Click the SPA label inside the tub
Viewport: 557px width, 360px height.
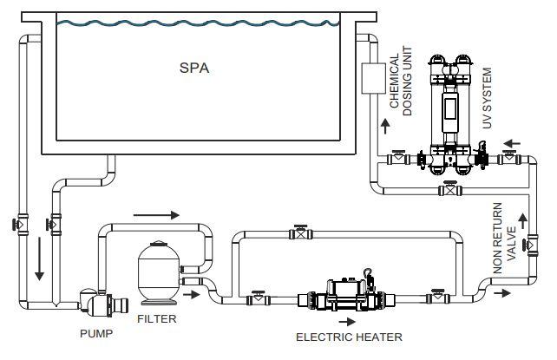194,68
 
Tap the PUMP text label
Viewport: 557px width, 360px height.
96,333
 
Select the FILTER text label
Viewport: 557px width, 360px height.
157,319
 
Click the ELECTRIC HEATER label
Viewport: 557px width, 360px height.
349,337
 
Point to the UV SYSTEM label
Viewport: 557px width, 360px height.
487,98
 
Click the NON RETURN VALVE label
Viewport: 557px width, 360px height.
504,238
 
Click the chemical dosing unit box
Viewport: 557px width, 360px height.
373,78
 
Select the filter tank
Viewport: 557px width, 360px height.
159,272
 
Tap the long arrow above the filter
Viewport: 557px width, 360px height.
156,215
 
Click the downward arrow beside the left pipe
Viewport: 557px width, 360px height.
39,259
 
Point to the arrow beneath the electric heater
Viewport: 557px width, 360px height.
347,322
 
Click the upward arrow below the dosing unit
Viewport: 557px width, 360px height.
385,127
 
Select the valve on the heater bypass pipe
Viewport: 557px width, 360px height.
301,232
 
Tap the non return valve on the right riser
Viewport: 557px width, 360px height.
531,245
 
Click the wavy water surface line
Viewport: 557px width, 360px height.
198,23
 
